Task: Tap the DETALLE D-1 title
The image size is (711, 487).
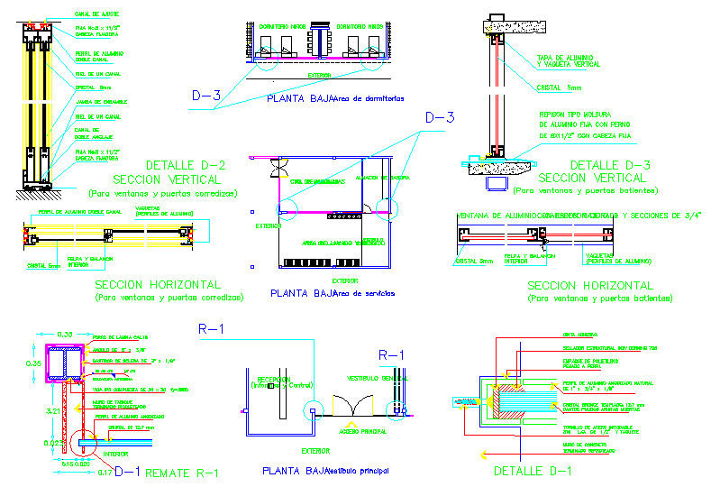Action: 533,470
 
